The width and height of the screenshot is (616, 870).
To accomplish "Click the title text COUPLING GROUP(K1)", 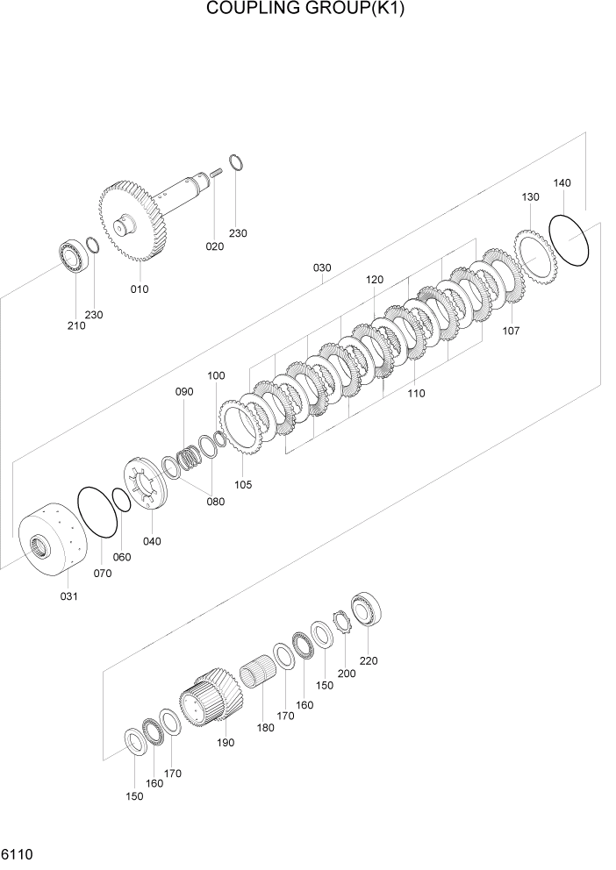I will (x=307, y=10).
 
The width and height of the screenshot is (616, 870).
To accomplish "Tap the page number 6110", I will (x=18, y=853).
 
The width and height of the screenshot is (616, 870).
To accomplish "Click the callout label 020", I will (x=215, y=246).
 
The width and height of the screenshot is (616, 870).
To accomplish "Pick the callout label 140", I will (x=562, y=183).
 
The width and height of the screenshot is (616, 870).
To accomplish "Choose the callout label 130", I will (x=530, y=197).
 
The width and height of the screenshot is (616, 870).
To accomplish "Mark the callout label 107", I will (x=511, y=331).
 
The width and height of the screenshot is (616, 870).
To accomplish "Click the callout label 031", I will (x=68, y=596).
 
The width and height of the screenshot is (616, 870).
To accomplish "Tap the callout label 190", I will (x=226, y=742).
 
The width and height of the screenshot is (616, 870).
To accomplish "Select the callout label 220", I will (x=369, y=660).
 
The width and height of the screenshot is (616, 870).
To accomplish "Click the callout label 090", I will (x=183, y=392).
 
